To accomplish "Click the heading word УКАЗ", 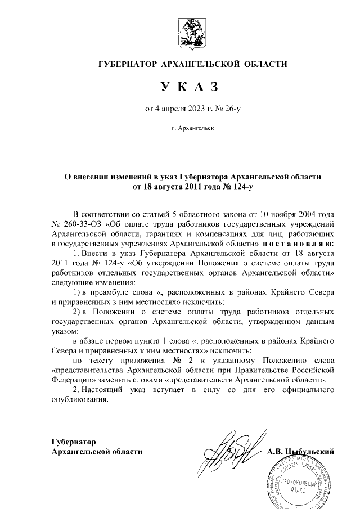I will (x=188, y=86).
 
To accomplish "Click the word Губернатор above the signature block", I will (x=74, y=442).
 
